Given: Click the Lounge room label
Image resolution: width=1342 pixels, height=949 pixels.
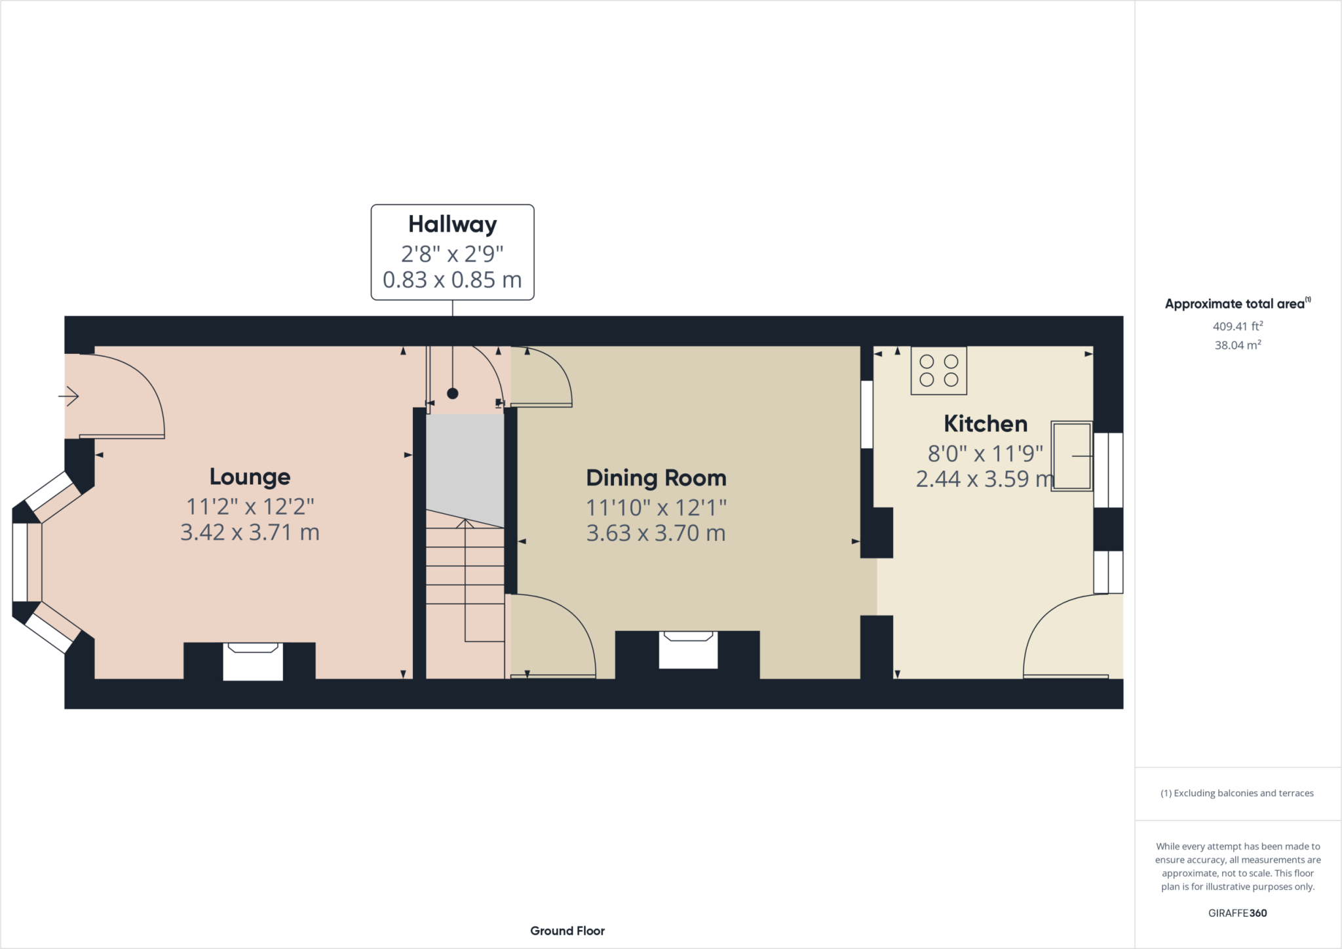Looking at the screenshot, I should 250,477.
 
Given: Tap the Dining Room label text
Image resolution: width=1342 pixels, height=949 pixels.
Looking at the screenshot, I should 656,478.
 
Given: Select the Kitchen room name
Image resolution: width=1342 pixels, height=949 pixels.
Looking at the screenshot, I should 986,424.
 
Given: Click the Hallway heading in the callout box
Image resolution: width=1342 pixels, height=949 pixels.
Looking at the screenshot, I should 452,224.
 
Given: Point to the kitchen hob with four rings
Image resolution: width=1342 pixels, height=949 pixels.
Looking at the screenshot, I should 938,370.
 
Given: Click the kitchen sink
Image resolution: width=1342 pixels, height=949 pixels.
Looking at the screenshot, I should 1071,455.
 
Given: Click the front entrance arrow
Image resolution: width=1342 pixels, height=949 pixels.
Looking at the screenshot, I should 69,396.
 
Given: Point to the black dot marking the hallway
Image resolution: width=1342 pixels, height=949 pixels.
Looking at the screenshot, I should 452,393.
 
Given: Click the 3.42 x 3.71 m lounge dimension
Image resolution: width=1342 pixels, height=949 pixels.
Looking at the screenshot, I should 250,532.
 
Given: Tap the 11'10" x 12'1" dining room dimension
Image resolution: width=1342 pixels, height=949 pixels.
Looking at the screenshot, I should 656,507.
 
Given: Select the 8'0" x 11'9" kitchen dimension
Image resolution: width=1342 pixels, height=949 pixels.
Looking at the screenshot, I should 985,453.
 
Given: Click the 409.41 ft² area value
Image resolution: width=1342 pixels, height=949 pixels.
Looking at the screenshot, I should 1237,326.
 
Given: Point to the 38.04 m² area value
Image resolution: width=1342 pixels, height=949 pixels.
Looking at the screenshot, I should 1237,345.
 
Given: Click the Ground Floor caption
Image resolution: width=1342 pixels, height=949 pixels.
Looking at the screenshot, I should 567,931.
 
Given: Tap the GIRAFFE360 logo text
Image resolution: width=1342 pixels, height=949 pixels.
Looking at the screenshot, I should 1237,913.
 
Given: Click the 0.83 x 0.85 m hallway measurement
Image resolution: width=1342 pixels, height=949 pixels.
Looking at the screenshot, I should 452,280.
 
